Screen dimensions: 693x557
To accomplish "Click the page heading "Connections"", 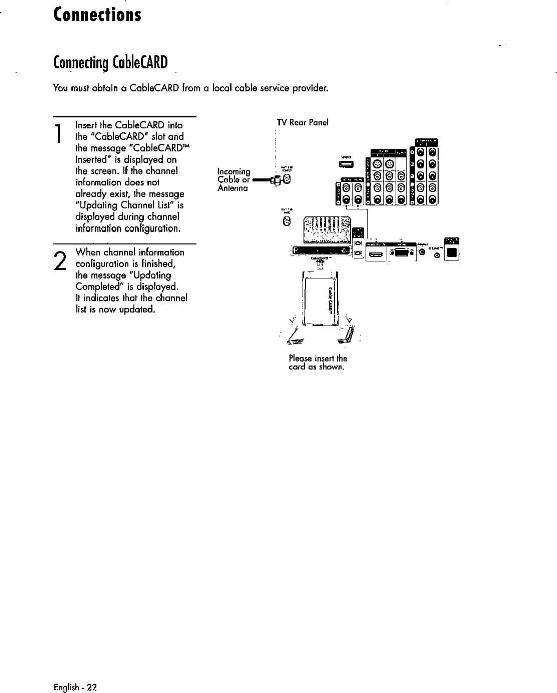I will pyautogui.click(x=97, y=14).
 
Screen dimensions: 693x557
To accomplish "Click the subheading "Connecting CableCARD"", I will pyautogui.click(x=110, y=63).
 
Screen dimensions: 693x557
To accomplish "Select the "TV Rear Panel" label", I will pyautogui.click(x=303, y=123).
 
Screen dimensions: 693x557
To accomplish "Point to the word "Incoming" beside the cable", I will pyautogui.click(x=234, y=171).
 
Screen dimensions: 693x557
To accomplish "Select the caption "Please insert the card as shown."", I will pyautogui.click(x=318, y=363).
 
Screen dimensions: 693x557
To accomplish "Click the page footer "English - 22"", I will pyautogui.click(x=75, y=687).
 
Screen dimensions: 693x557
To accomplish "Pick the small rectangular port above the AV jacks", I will pyautogui.click(x=347, y=164).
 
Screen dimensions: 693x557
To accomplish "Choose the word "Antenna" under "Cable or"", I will pyautogui.click(x=233, y=188).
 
